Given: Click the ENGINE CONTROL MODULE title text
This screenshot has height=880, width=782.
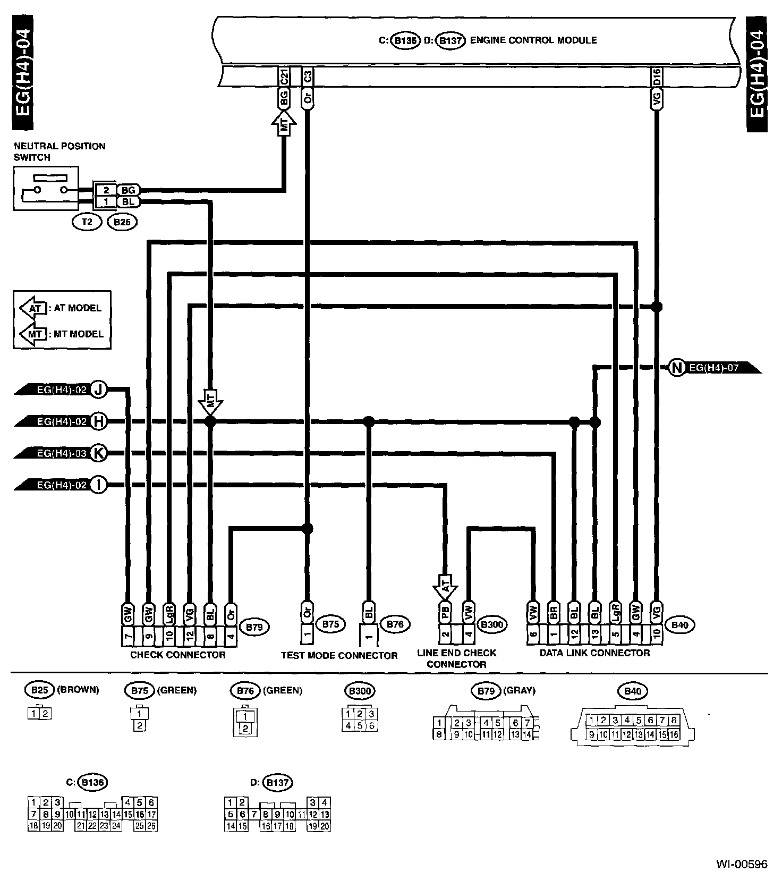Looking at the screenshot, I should pyautogui.click(x=533, y=40).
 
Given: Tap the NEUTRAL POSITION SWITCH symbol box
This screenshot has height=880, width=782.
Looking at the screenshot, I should pyautogui.click(x=46, y=188).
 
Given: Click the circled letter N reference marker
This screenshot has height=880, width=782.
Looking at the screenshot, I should pyautogui.click(x=677, y=367).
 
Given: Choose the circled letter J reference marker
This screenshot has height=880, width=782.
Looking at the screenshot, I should pyautogui.click(x=98, y=390).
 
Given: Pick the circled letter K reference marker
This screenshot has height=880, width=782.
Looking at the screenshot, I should pyautogui.click(x=98, y=453).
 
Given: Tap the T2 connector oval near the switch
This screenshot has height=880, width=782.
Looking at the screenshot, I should pyautogui.click(x=87, y=222).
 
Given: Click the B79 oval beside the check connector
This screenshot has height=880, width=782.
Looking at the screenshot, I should pyautogui.click(x=255, y=627).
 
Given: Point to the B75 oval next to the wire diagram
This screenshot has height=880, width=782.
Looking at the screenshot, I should pyautogui.click(x=330, y=624).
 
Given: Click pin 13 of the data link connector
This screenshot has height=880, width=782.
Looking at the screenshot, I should pyautogui.click(x=594, y=633).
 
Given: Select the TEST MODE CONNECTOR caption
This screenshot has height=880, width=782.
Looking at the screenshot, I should pyautogui.click(x=339, y=656).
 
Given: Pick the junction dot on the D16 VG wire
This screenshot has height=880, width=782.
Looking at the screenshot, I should pyautogui.click(x=657, y=307).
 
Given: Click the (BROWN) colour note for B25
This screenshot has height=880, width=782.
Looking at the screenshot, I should pyautogui.click(x=78, y=690).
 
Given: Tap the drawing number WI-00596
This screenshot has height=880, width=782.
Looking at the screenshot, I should pyautogui.click(x=742, y=864).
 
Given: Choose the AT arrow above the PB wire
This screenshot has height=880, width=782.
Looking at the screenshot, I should pyautogui.click(x=446, y=586).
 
